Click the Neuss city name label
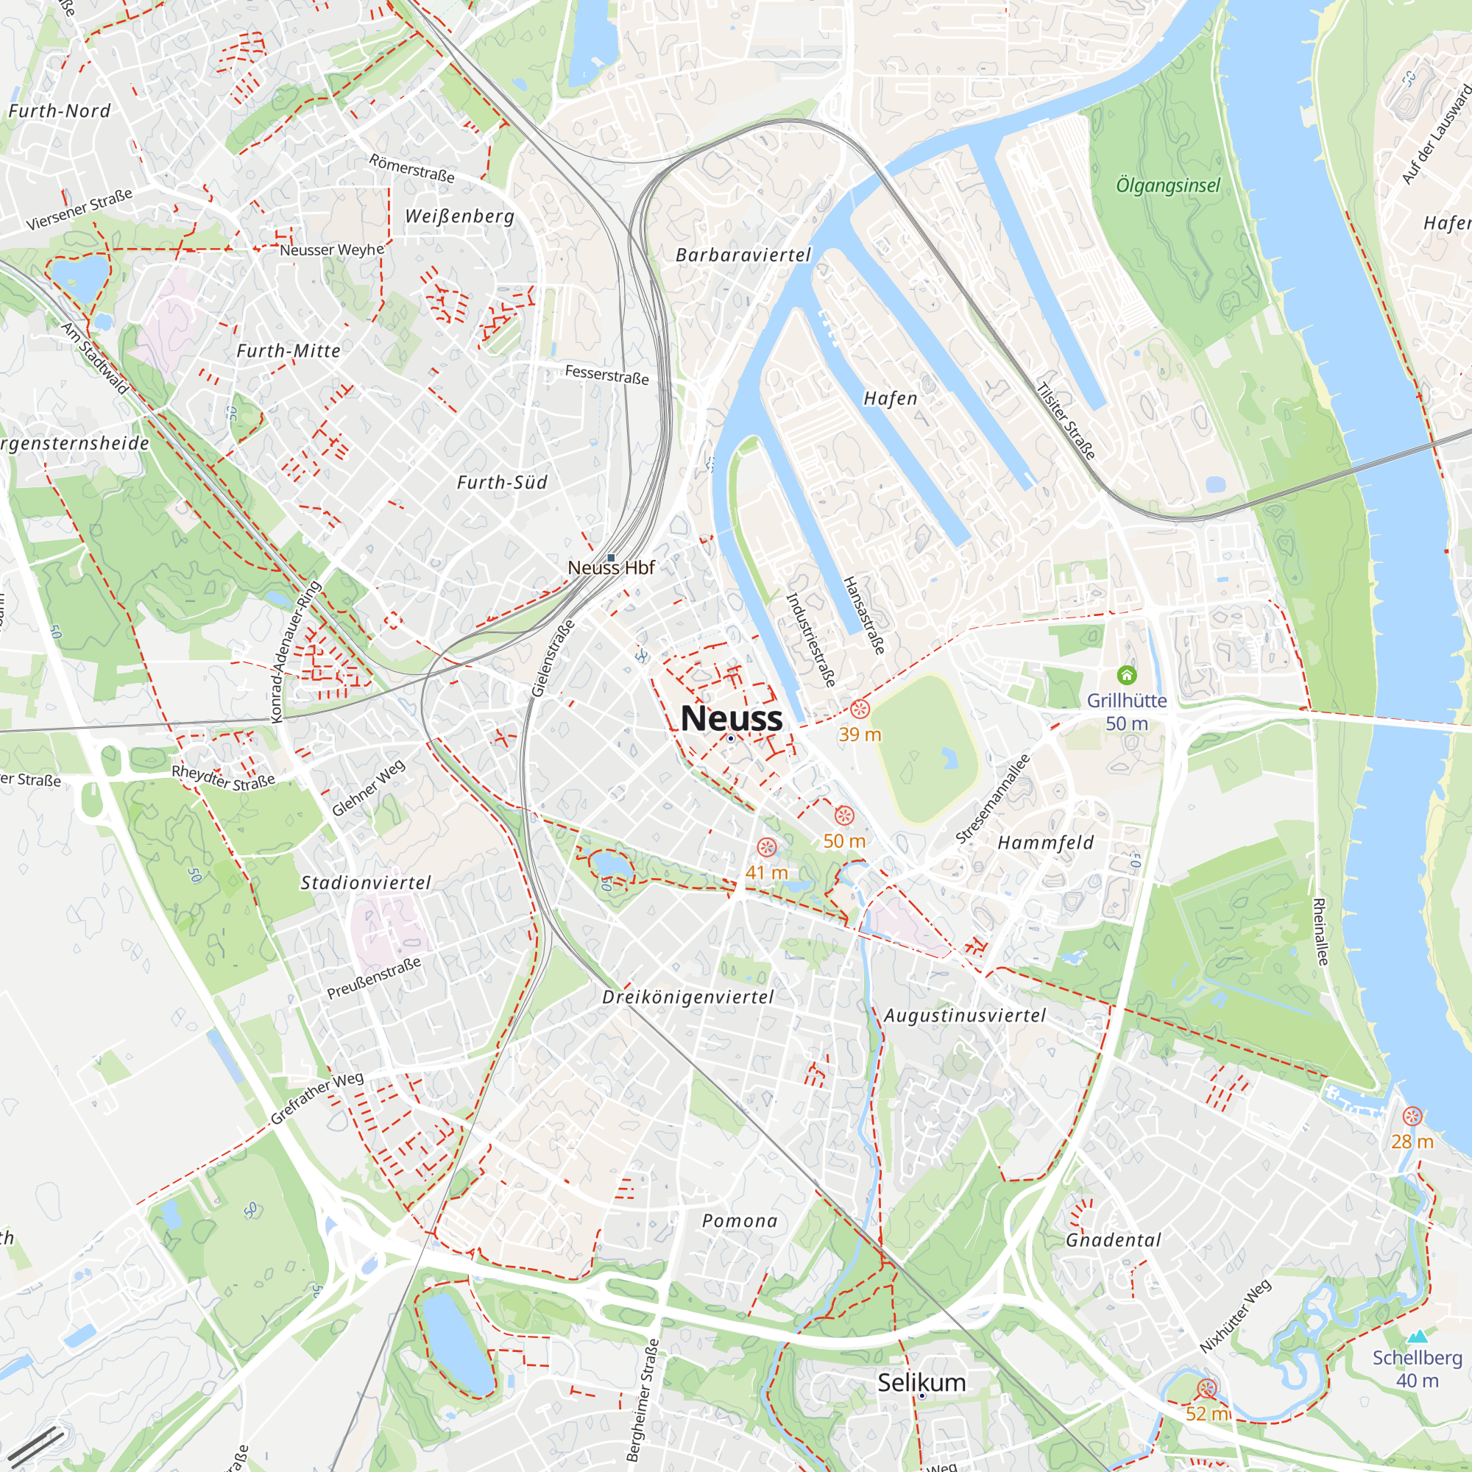click(x=731, y=718)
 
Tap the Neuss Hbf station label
click(x=611, y=567)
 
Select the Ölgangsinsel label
click(x=1167, y=185)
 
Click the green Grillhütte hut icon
click(x=1126, y=674)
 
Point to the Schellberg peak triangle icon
click(x=1417, y=1337)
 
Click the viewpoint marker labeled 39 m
click(x=860, y=710)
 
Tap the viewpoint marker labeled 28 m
click(x=1412, y=1117)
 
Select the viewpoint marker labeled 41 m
click(x=766, y=847)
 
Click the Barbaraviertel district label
click(x=743, y=255)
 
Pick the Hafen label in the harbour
click(x=890, y=398)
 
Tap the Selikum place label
click(x=921, y=1382)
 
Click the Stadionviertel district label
click(x=366, y=883)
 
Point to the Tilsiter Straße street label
click(x=1066, y=420)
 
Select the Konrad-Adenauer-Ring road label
click(x=297, y=652)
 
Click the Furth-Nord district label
click(x=60, y=111)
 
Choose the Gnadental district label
click(x=1113, y=1240)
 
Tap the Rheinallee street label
click(x=1320, y=931)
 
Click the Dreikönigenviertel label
click(x=687, y=997)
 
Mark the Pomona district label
click(x=739, y=1221)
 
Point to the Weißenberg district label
click(x=459, y=216)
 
